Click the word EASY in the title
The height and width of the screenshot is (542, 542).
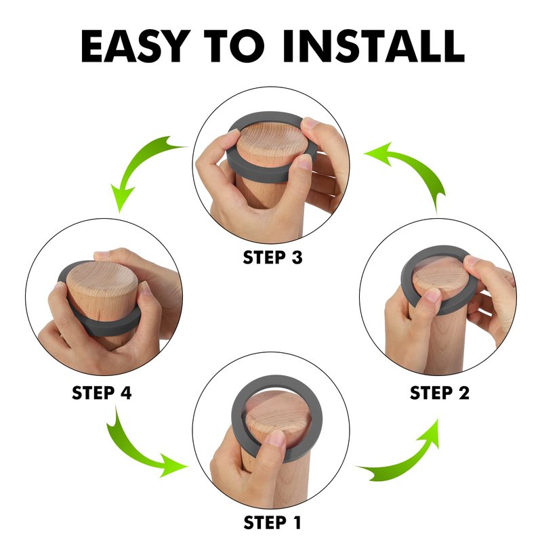(136, 45)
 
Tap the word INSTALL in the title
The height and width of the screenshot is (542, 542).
(373, 45)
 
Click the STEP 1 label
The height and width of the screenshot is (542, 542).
(272, 522)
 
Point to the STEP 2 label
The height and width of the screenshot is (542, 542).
(439, 393)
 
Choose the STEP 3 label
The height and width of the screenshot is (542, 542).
(272, 257)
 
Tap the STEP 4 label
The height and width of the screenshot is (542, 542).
(102, 393)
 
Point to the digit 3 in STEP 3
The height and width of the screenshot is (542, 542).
(297, 257)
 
